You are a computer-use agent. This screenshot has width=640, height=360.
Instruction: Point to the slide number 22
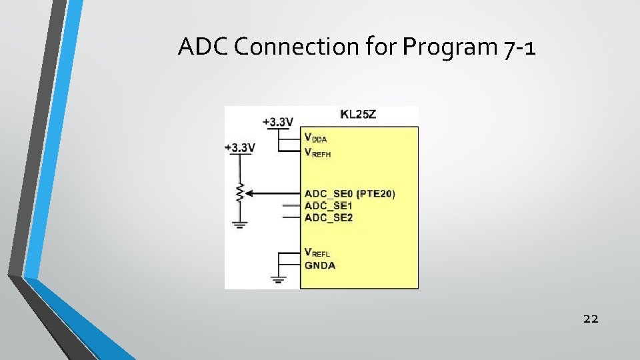[x=591, y=319]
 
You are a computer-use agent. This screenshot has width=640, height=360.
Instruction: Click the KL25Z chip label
[x=358, y=114]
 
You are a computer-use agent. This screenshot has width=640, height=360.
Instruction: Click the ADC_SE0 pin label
[x=329, y=194]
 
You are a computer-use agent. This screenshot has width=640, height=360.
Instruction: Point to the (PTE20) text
[x=376, y=194]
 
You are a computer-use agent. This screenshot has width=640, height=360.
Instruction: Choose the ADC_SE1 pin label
[x=329, y=206]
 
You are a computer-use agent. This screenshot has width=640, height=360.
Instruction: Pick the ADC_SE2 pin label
[x=329, y=217]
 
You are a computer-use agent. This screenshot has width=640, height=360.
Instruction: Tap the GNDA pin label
[x=321, y=265]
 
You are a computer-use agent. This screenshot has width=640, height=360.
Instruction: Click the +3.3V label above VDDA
[x=278, y=122]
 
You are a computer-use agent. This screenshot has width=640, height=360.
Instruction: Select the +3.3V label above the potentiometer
[x=240, y=147]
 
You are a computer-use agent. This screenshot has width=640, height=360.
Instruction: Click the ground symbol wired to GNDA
[x=278, y=278]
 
